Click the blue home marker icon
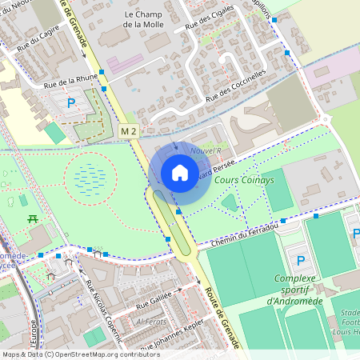click(x=180, y=172)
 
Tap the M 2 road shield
click(x=129, y=130)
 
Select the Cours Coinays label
click(x=245, y=181)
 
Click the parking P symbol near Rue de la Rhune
click(x=71, y=102)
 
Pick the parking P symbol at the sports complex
click(x=301, y=261)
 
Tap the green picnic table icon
click(x=33, y=218)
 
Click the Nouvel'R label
click(x=206, y=150)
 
